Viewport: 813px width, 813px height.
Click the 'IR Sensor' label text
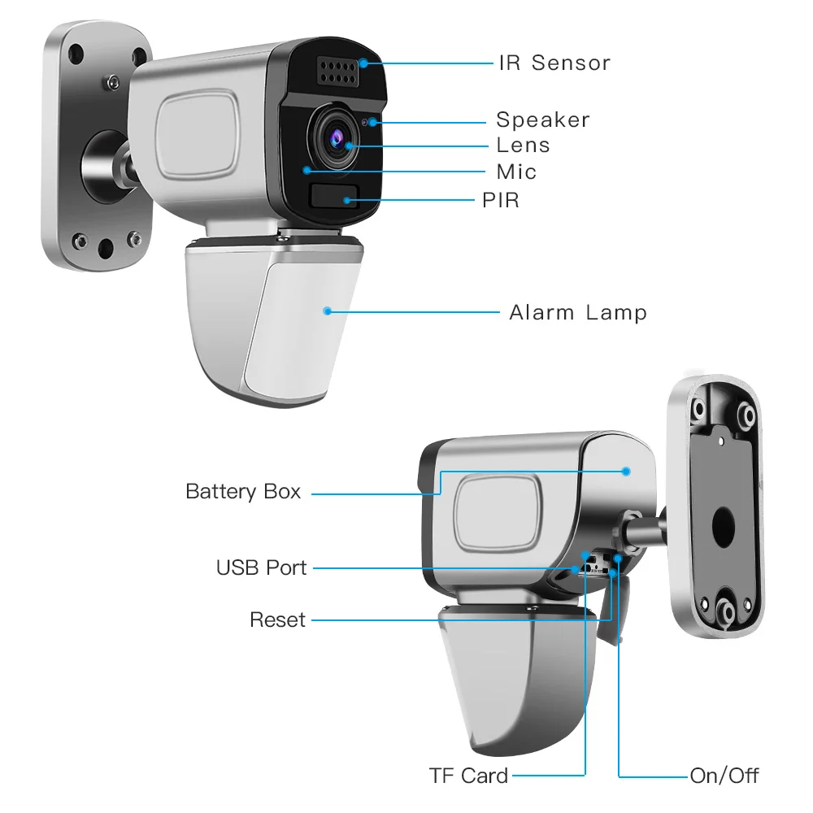[554, 63]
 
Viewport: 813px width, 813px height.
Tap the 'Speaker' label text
[543, 120]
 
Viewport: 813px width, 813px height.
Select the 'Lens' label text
[523, 146]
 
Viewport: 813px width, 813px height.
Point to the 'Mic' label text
[516, 172]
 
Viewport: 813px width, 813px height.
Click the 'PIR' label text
[500, 200]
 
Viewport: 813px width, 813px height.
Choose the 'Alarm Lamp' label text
[578, 313]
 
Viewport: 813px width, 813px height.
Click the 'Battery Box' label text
[243, 492]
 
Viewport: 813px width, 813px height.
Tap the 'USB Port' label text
[261, 567]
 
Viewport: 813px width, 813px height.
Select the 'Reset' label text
[277, 620]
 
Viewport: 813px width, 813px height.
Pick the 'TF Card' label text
[469, 776]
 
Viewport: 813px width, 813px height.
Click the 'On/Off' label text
[724, 776]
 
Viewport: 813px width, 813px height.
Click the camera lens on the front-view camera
[336, 138]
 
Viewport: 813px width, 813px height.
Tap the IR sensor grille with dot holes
[338, 72]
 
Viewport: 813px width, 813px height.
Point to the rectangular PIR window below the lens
[334, 197]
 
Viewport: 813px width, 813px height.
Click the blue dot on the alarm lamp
[327, 311]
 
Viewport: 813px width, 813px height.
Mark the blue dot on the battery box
[626, 472]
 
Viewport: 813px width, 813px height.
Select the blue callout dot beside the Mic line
[307, 170]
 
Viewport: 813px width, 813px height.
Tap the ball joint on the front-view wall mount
[107, 167]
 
